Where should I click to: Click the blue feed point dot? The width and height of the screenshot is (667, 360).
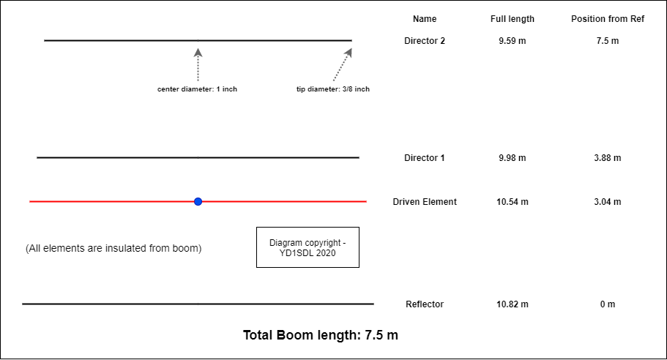tap(198, 201)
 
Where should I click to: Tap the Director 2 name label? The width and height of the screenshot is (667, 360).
tap(425, 41)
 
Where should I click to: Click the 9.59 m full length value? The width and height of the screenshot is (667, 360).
tap(512, 41)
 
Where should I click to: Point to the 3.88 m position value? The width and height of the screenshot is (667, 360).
tap(608, 158)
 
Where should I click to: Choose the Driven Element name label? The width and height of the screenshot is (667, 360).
tap(425, 202)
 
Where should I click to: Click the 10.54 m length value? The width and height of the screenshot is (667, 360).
tap(512, 202)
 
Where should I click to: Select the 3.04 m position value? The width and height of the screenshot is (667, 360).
tap(608, 202)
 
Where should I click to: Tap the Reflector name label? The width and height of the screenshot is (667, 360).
tap(425, 304)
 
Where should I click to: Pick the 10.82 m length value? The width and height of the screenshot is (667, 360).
tap(512, 304)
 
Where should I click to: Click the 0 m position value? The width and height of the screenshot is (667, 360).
tap(608, 304)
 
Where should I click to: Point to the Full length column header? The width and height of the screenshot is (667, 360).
tap(513, 19)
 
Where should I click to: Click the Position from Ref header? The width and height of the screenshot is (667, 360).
tap(608, 19)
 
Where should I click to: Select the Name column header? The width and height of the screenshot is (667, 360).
tap(425, 19)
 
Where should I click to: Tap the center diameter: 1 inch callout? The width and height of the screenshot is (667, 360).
tap(197, 89)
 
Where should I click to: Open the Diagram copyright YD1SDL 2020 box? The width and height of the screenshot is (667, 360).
tap(308, 247)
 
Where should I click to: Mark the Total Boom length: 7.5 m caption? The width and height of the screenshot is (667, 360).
tap(321, 336)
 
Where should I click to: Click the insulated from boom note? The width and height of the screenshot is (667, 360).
tap(113, 248)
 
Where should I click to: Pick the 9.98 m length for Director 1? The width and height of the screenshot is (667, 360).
tap(512, 158)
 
